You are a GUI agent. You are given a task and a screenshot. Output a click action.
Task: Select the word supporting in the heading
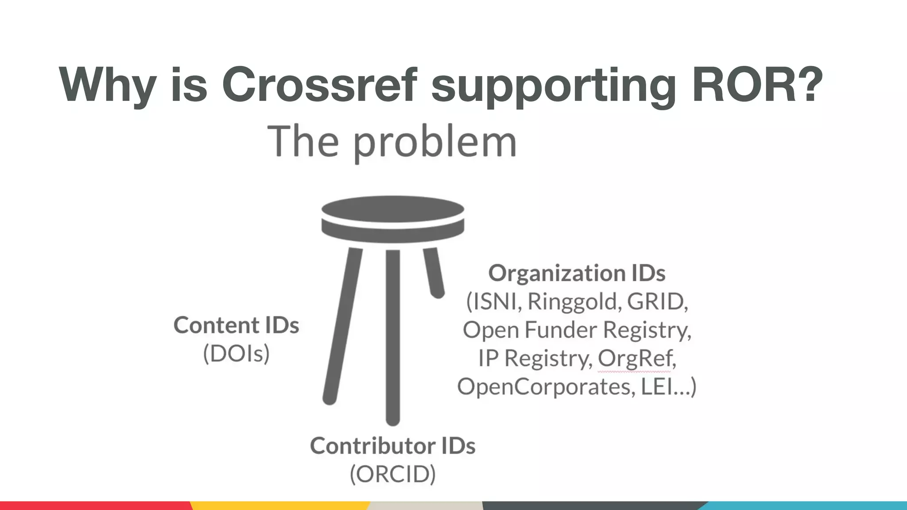pos(554,86)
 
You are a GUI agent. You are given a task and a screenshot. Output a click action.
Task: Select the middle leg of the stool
pos(393,336)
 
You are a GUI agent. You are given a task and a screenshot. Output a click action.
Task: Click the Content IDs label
pos(236,325)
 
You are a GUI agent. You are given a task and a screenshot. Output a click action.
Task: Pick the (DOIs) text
pos(236,353)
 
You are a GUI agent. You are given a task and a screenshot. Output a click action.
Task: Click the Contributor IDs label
pos(392,445)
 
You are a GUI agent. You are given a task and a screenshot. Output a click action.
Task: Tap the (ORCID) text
pos(392,474)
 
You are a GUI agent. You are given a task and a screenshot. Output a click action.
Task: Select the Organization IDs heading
pos(576,273)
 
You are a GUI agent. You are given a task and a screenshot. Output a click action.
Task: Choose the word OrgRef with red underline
pos(636,358)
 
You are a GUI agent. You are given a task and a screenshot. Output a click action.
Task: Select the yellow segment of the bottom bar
pos(279,506)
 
